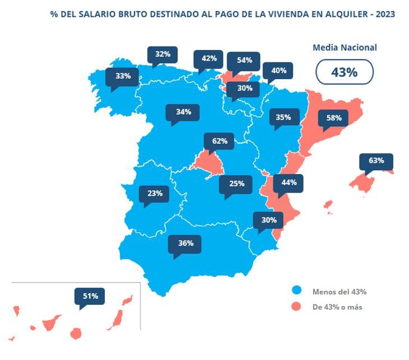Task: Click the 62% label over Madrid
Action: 219,141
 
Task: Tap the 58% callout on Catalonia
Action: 333,119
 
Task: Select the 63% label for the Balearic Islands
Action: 376,161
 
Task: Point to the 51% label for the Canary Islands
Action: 90,296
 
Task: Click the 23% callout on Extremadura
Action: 155,193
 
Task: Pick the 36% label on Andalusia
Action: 186,243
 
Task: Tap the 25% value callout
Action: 236,184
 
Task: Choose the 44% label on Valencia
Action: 288,183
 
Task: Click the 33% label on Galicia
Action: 123,76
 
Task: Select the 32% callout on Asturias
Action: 163,54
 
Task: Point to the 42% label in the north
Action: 209,58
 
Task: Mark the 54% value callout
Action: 244,60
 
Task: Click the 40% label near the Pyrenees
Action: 278,70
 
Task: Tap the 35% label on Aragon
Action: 283,117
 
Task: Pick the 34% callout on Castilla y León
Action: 183,112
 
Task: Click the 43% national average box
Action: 344,72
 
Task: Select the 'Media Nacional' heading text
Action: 344,48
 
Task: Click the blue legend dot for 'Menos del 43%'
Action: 297,291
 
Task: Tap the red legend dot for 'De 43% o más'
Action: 297,307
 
